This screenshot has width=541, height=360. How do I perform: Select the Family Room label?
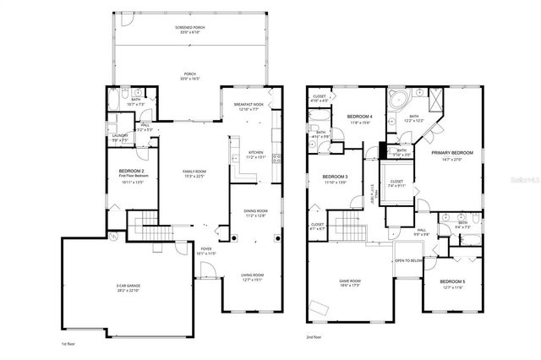click(194, 172)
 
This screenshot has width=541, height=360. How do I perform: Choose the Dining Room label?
click(254, 212)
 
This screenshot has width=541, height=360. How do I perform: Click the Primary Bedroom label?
click(451, 154)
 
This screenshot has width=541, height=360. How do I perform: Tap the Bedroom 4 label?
click(359, 117)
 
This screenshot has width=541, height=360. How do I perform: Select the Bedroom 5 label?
click(451, 282)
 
